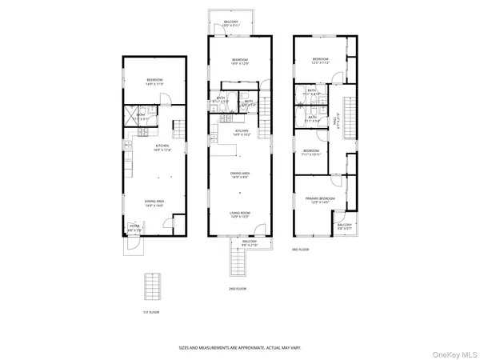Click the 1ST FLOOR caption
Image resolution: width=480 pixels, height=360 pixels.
[152, 312]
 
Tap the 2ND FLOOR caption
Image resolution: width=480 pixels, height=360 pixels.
[237, 287]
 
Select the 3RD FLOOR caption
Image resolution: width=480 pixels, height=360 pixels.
[301, 250]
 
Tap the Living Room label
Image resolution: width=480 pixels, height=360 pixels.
[241, 214]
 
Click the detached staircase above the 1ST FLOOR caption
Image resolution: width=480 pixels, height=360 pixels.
[152, 286]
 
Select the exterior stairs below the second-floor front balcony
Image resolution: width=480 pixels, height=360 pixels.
[238, 261]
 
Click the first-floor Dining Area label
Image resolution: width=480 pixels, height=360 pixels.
[154, 202]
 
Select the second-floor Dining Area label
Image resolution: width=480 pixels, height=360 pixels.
[241, 175]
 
